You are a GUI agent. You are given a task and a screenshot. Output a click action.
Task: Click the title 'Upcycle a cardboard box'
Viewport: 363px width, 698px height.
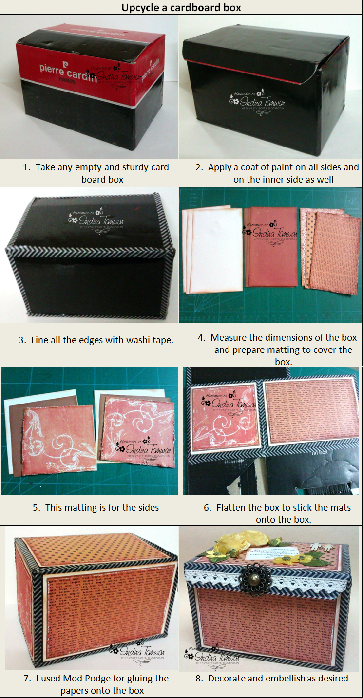tap(181, 7)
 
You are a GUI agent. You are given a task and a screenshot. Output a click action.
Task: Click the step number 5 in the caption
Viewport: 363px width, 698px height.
tap(36, 508)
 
